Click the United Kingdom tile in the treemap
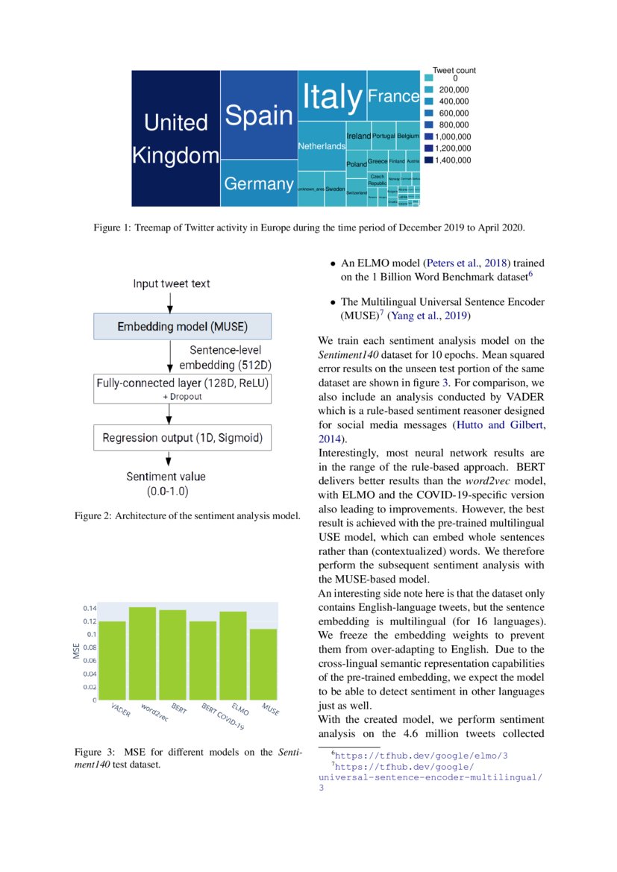tap(175, 138)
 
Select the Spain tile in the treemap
tap(259, 115)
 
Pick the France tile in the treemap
tap(393, 95)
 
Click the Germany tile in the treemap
tap(259, 184)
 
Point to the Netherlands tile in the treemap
tap(322, 147)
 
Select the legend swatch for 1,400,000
tap(428, 160)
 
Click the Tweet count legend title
tap(454, 71)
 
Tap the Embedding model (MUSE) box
tap(182, 327)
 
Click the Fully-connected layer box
tap(182, 389)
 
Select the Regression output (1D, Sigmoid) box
tap(182, 437)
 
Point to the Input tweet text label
tap(172, 283)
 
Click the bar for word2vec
tap(142, 653)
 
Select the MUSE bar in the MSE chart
tap(263, 664)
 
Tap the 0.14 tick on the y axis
tap(89, 608)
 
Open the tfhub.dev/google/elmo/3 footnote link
tap(422, 756)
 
